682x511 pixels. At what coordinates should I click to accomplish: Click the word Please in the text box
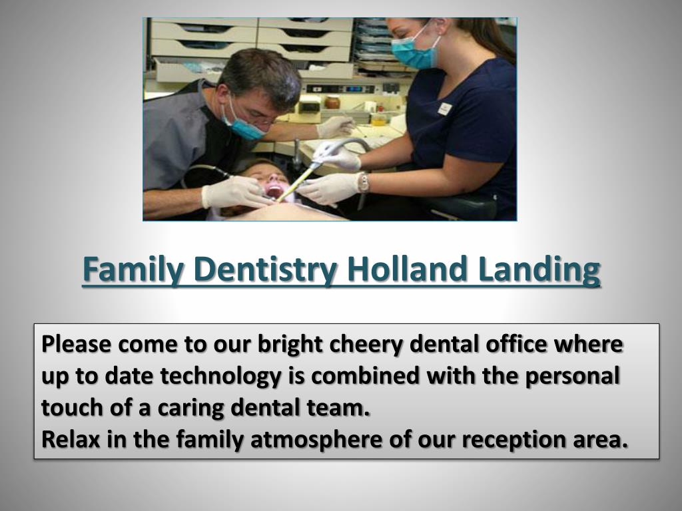(x=76, y=345)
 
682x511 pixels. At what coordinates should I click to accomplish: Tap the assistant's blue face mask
(x=414, y=53)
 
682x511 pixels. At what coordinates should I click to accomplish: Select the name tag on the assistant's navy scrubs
(x=445, y=108)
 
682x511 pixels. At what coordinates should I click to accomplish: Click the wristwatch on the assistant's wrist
(x=364, y=182)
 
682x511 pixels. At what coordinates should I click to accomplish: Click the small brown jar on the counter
(x=332, y=102)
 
